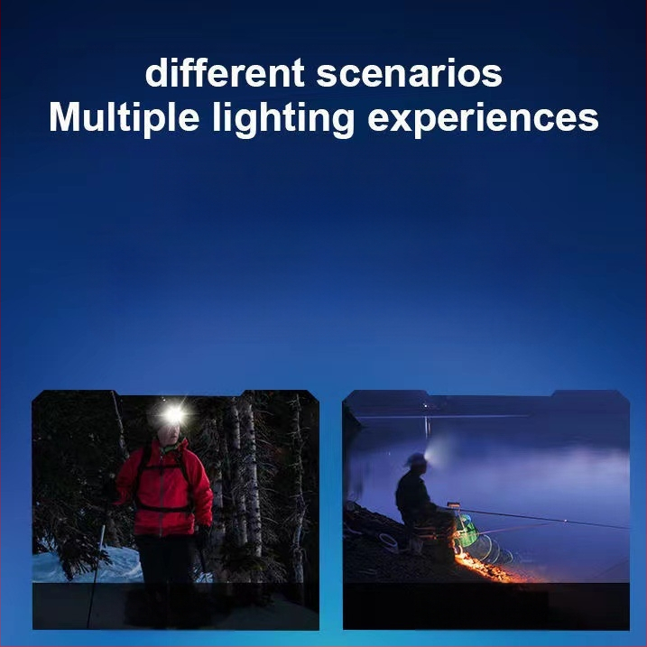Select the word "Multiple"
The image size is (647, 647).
(x=125, y=118)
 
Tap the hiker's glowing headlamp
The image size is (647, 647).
(x=172, y=415)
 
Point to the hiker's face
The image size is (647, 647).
(x=169, y=432)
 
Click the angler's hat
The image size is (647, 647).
(x=416, y=460)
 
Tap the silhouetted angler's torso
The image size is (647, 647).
(x=412, y=496)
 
